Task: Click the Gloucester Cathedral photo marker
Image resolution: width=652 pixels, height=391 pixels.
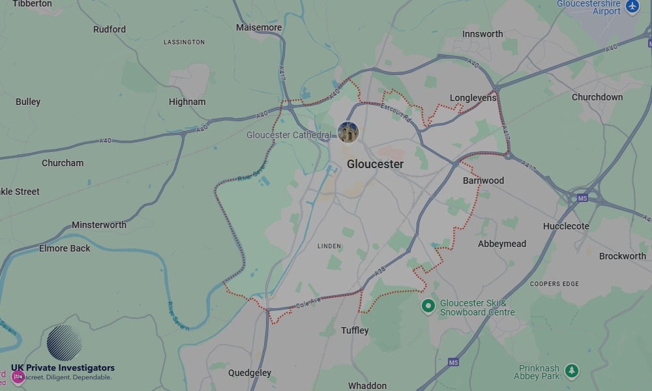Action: [x=348, y=132]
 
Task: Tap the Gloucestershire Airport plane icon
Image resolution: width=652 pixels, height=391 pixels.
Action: [x=632, y=7]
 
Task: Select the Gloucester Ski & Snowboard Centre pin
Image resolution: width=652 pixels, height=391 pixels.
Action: [x=428, y=305]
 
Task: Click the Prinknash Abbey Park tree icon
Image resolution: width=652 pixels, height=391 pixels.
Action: [x=572, y=371]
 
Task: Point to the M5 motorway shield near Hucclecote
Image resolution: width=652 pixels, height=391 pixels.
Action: [x=582, y=197]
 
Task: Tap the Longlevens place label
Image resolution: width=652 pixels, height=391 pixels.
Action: [x=473, y=98]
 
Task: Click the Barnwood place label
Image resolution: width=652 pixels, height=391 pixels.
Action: [x=483, y=181]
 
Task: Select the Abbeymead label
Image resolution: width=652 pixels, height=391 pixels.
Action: [x=502, y=244]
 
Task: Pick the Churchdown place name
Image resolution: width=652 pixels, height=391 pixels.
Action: [x=597, y=97]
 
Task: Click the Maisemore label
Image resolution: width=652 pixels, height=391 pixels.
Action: [x=259, y=27]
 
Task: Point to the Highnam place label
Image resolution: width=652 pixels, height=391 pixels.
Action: [x=187, y=102]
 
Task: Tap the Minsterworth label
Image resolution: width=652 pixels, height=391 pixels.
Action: [x=99, y=225]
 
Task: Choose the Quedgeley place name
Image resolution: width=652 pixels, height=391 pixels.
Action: [x=249, y=373]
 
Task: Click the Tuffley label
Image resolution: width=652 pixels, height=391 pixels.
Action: [x=355, y=330]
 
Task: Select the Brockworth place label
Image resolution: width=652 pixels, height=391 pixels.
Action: [x=622, y=256]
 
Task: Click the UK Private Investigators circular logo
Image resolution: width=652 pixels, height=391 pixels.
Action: [x=65, y=343]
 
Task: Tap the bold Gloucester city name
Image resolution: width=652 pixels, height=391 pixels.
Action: [x=375, y=164]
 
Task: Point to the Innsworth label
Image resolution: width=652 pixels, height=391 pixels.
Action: [x=482, y=34]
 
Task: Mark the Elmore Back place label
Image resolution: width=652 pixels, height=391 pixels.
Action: [x=65, y=248]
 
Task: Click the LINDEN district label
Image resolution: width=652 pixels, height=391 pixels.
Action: [x=329, y=246]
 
